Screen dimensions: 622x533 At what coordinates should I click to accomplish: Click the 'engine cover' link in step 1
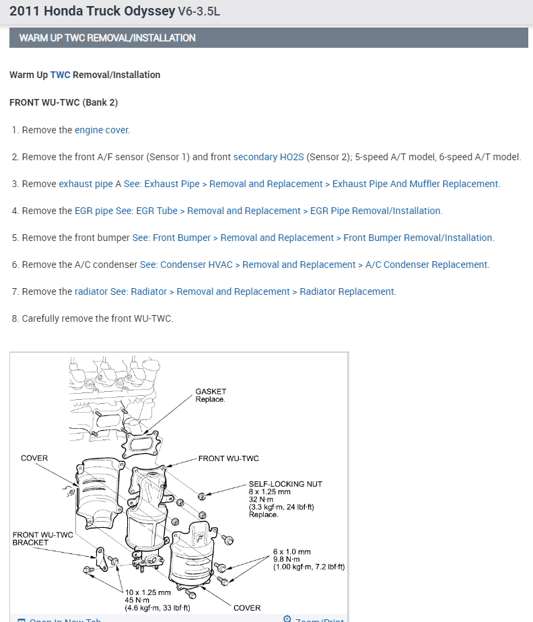coord(102,130)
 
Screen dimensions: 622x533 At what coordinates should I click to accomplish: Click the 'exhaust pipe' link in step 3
coord(85,184)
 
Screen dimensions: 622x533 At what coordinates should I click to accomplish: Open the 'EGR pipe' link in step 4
coord(94,211)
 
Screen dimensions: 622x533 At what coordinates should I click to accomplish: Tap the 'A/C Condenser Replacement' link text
coord(426,265)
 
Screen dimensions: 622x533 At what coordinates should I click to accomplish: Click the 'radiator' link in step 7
coord(91,291)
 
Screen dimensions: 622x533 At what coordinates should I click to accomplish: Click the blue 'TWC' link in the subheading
coord(60,75)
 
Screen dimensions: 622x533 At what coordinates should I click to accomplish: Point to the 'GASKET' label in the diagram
coord(211,391)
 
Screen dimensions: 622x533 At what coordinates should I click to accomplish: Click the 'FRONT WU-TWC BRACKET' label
coord(42,539)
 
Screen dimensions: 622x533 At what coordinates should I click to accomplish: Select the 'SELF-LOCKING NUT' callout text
coord(285,484)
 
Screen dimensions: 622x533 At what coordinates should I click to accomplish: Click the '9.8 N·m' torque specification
coord(287,559)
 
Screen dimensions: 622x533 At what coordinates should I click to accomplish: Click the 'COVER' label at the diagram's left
coord(34,458)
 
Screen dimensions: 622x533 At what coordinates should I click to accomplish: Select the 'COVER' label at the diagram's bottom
coord(247,608)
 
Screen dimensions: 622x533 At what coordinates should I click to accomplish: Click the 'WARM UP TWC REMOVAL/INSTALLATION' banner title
coord(107,38)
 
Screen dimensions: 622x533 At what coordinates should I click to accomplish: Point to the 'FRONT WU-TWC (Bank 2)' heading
coord(63,102)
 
